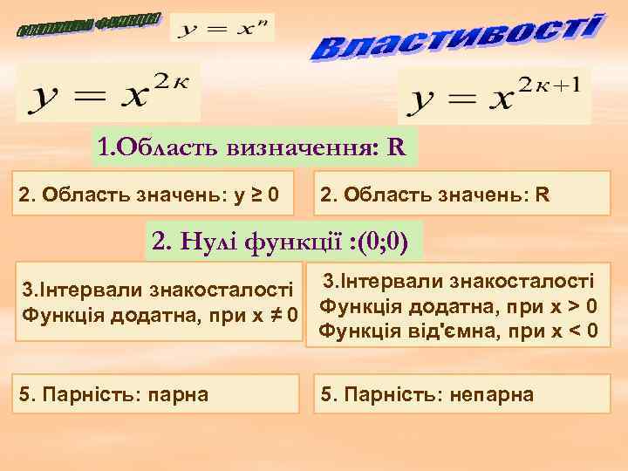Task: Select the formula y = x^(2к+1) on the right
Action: (x=493, y=97)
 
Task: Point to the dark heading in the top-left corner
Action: (x=90, y=25)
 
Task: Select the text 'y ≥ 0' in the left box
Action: (x=255, y=191)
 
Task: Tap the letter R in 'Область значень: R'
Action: (x=543, y=191)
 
